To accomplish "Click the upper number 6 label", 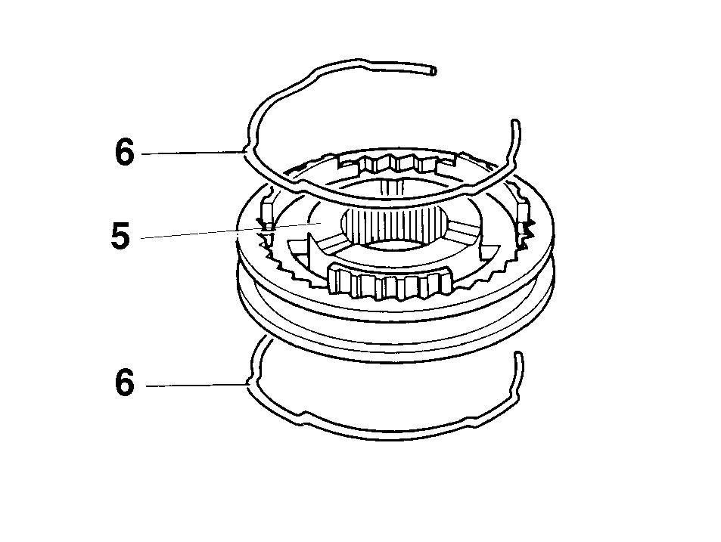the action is (125, 152).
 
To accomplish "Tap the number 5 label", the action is (120, 236).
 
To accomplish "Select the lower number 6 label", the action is (125, 382).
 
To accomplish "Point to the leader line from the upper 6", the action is (191, 153).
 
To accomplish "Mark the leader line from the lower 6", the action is (197, 385).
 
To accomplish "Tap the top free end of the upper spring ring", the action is (434, 71).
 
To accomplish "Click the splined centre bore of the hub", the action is (393, 225).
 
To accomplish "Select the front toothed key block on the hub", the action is (389, 281).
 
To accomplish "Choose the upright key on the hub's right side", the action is (524, 216).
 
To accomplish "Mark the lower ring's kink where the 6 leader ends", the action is (249, 382).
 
